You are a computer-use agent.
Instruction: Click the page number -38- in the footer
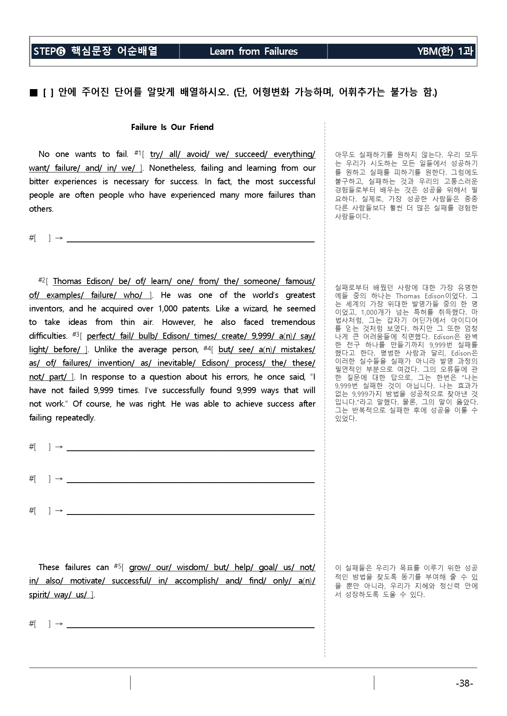pyautogui.click(x=464, y=683)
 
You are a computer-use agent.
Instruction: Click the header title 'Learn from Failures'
pyautogui.click(x=253, y=51)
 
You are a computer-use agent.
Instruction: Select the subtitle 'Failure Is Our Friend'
pyautogui.click(x=172, y=127)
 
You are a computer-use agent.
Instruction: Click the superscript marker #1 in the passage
pyautogui.click(x=137, y=153)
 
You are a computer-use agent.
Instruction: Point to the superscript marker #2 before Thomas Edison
pyautogui.click(x=41, y=280)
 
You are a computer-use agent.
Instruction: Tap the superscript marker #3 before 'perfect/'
pyautogui.click(x=76, y=335)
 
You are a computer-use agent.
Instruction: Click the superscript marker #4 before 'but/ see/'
pyautogui.click(x=206, y=348)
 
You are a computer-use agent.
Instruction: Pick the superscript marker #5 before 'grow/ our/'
pyautogui.click(x=117, y=566)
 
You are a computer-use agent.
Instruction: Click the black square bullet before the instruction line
pyautogui.click(x=34, y=93)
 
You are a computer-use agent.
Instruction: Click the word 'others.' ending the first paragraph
pyautogui.click(x=41, y=209)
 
